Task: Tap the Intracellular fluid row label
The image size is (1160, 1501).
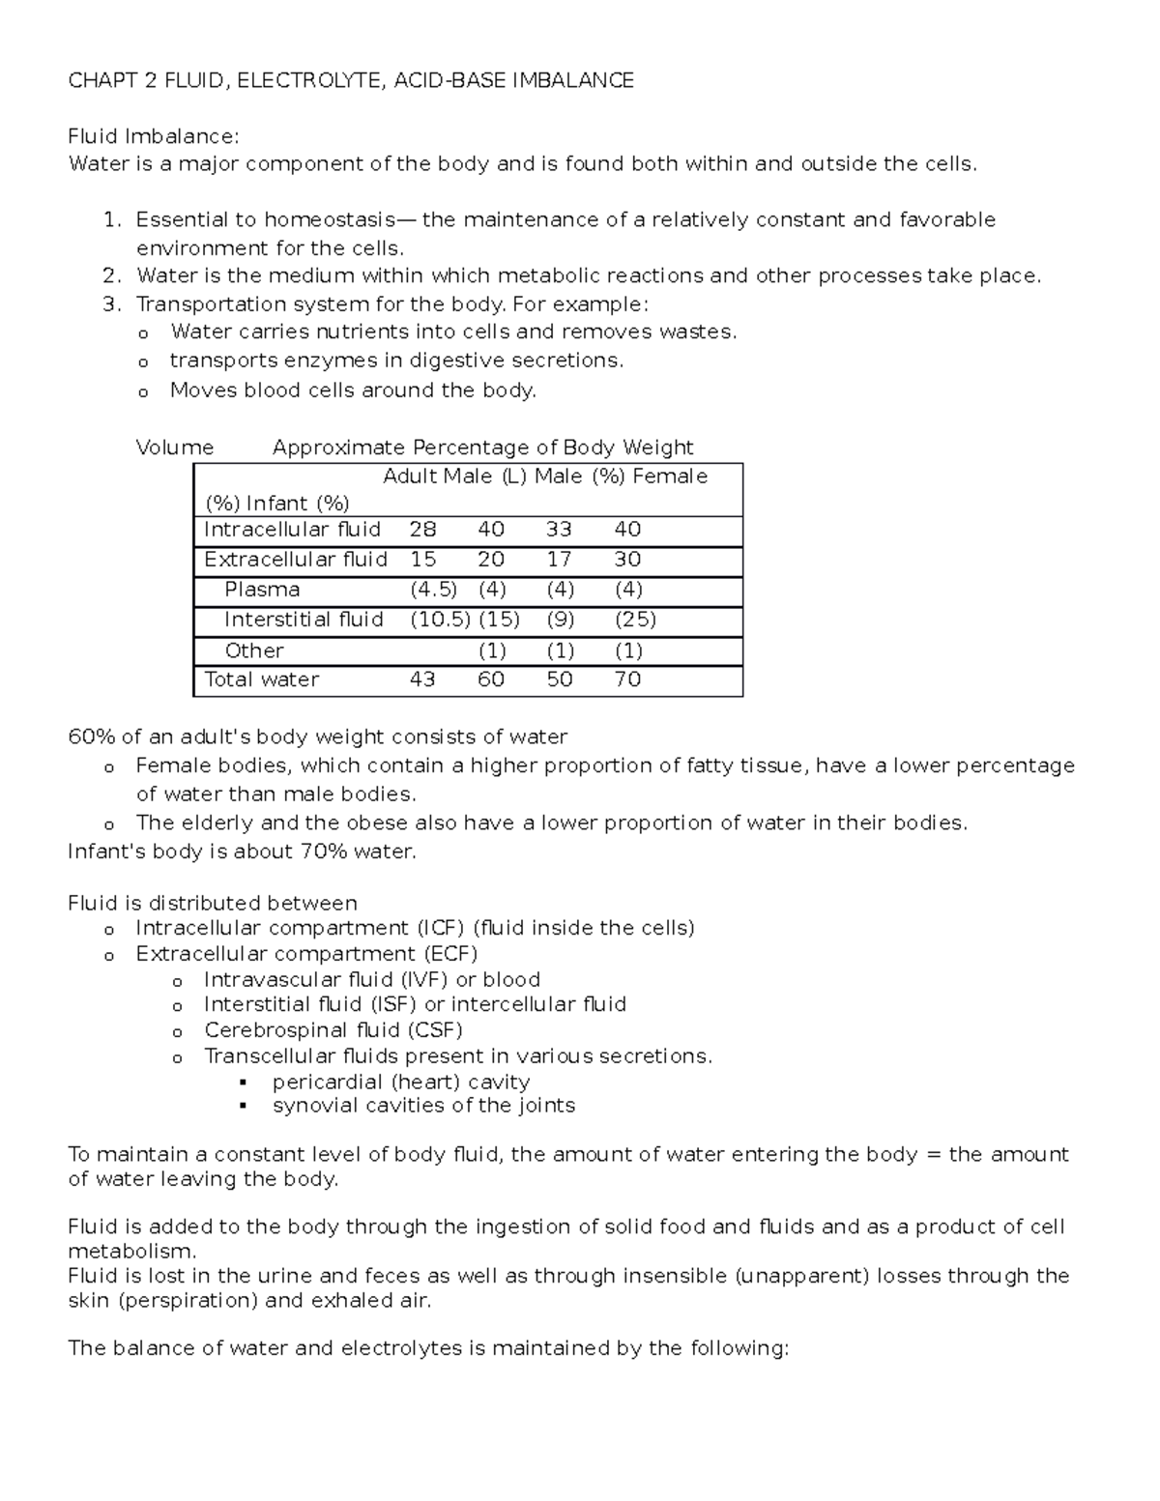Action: click(292, 530)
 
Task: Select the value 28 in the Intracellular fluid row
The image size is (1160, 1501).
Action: click(422, 530)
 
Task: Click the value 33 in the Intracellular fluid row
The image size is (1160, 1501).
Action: click(559, 530)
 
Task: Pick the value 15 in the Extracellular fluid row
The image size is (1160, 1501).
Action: click(422, 560)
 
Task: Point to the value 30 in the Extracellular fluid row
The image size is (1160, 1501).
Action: click(627, 560)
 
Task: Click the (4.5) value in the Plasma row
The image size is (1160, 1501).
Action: click(433, 590)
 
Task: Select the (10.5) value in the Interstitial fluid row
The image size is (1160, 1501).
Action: click(440, 620)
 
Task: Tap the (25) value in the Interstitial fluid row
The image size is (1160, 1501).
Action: click(635, 620)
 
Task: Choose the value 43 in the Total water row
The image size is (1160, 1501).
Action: click(422, 679)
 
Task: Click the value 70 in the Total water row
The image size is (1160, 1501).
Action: click(627, 679)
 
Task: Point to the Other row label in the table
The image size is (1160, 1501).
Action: click(254, 650)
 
